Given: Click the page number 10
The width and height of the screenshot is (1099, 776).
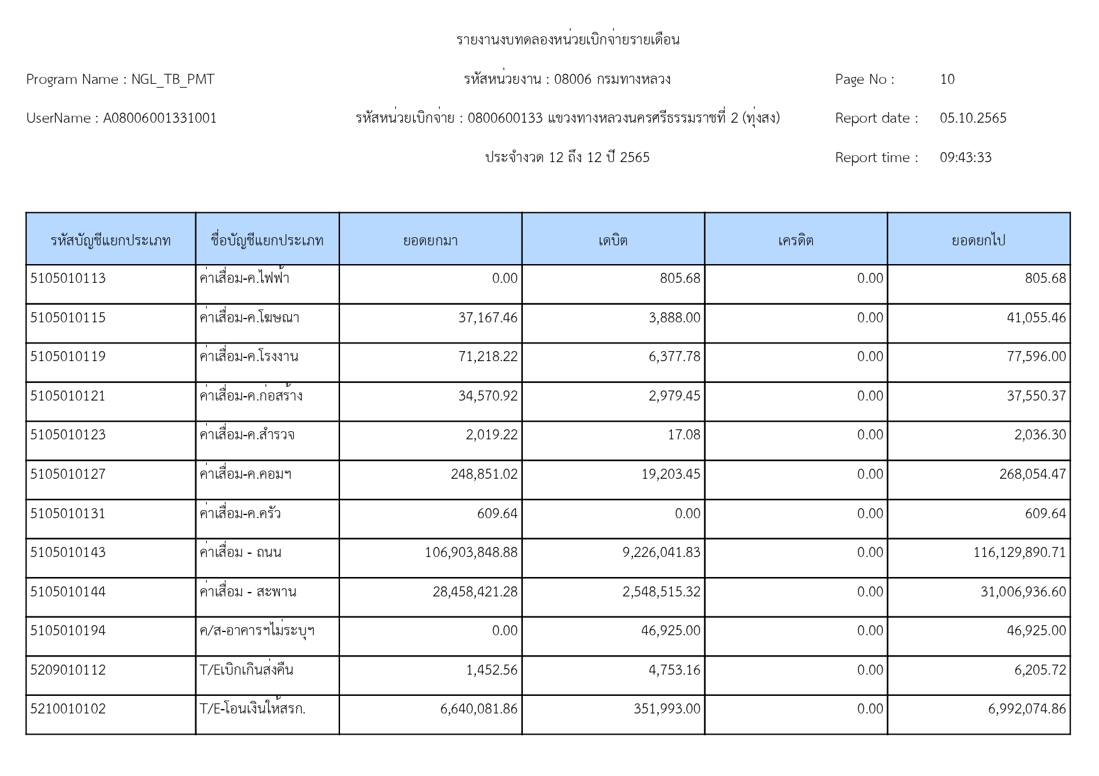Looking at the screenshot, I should (x=947, y=79).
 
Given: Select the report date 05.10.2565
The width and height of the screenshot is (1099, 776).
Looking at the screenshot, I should (x=973, y=118).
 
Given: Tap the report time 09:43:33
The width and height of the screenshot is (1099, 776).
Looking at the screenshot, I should (x=965, y=158).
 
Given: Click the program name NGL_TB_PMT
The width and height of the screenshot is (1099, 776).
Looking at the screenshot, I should (x=173, y=79).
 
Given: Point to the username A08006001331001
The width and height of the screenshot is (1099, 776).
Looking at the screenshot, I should (x=160, y=118).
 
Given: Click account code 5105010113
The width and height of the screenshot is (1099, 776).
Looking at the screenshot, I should (x=68, y=278).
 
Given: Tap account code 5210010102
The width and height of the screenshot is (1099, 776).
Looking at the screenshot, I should (x=68, y=709).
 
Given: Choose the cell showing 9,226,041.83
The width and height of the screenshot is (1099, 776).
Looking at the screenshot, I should (x=661, y=553).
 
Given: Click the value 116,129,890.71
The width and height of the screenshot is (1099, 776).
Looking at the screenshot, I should (x=1019, y=553).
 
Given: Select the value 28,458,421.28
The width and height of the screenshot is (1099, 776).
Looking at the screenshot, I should (x=475, y=592).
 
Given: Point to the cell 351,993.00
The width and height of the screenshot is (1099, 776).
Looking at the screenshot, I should (x=666, y=709).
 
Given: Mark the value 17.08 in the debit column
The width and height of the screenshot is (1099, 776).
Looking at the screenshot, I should (x=684, y=435).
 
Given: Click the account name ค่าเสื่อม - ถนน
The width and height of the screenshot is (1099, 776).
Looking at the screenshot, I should (x=240, y=553).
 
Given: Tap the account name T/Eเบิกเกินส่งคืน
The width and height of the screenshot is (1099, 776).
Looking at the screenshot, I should (x=246, y=670).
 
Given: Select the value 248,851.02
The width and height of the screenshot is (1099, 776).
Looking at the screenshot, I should (x=484, y=474).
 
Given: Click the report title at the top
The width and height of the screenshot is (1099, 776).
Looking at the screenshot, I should (x=567, y=40).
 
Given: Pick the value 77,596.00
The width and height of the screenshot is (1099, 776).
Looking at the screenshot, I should (x=1036, y=357).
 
